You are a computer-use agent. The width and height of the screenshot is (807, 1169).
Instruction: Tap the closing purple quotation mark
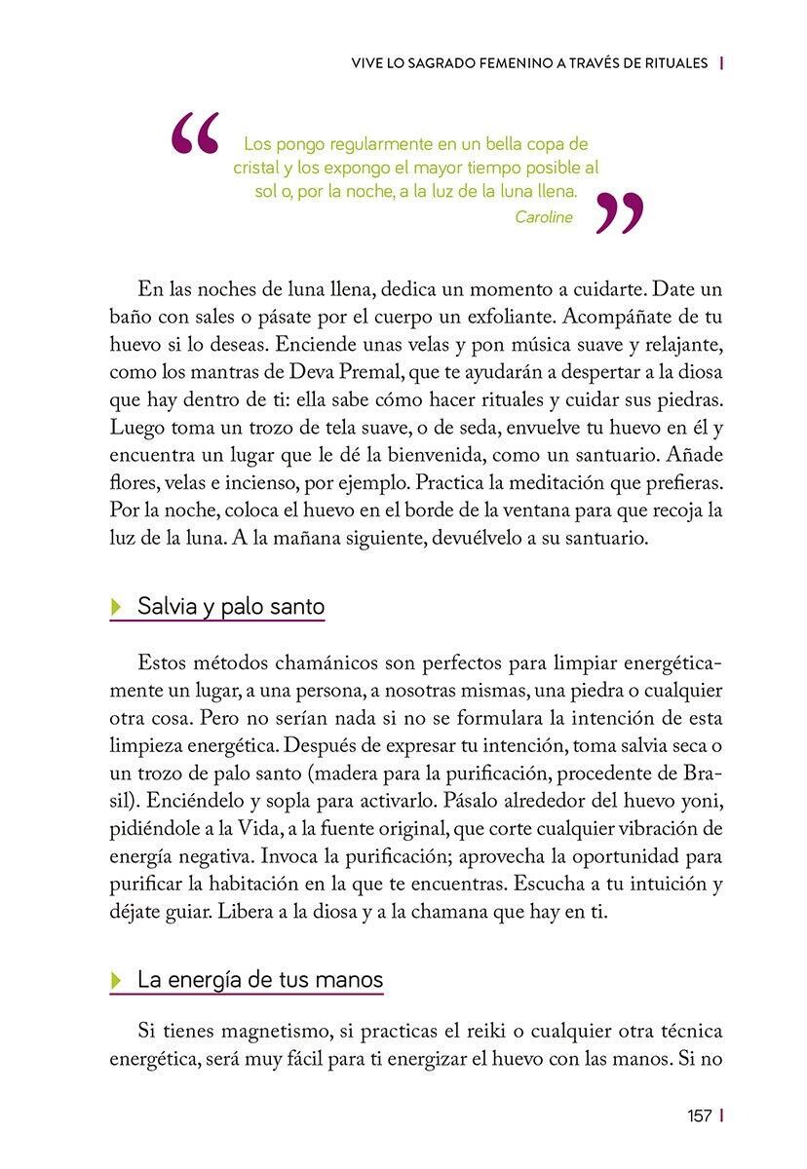tap(619, 212)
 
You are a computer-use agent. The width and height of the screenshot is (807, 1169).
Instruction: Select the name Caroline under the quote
tap(544, 217)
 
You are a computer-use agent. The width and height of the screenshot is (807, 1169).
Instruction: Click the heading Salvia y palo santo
tap(231, 607)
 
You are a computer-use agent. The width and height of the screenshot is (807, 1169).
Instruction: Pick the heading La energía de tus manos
tap(260, 979)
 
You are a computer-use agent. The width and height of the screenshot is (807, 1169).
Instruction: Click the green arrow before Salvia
tap(118, 607)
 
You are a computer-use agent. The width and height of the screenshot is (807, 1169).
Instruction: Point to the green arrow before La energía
tap(118, 980)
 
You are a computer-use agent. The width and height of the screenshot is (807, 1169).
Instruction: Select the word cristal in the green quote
tap(256, 168)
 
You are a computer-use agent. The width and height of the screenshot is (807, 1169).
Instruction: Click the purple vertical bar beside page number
tap(721, 1116)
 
